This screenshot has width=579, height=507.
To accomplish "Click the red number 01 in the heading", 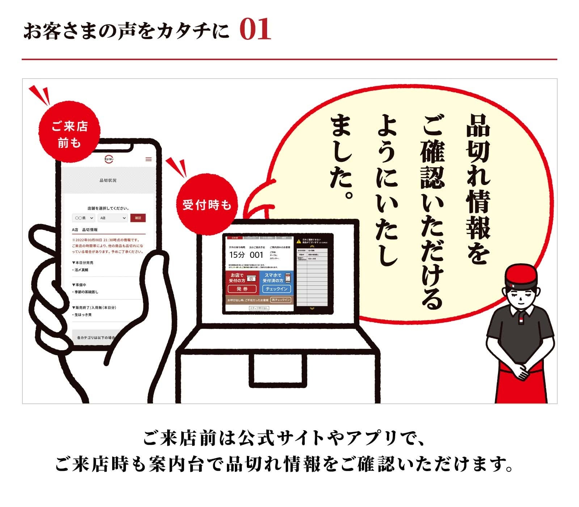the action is pos(255,30).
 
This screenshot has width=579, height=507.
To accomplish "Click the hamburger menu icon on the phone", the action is pos(148,159).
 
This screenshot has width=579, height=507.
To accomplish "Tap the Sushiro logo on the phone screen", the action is pos(109,159).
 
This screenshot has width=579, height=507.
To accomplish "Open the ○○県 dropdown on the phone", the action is pos(84,218).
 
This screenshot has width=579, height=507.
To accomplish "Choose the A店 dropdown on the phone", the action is pos(113,218).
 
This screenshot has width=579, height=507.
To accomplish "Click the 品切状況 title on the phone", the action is pos(108,180).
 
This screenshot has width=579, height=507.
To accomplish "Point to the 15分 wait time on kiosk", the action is pos(237,255).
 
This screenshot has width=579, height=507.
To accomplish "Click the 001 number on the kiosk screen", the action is pos(256,255).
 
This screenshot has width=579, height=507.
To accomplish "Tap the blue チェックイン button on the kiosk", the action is pos(276,289).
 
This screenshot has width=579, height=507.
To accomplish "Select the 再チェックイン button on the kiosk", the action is pos(281,300).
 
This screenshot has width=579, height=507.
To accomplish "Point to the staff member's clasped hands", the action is pos(521,371).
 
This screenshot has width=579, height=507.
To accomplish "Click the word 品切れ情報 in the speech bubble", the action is pos(478,177).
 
